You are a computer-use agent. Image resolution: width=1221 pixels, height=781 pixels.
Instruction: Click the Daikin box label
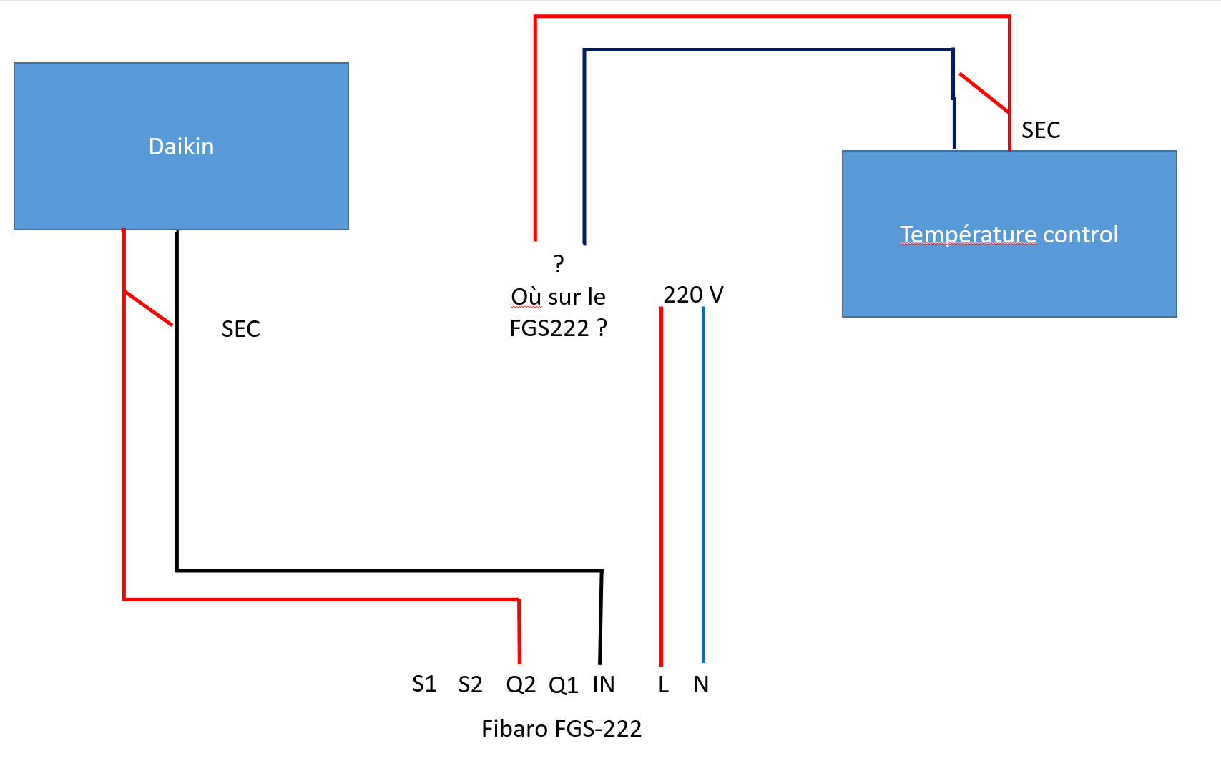(181, 147)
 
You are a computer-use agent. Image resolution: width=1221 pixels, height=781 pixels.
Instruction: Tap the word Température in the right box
(968, 235)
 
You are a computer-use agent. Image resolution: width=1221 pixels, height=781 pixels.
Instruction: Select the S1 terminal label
(424, 684)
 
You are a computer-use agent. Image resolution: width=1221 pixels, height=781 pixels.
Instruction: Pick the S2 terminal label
(470, 685)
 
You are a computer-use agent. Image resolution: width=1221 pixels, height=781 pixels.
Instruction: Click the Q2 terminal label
(521, 685)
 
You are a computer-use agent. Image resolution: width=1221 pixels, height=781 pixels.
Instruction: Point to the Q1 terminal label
(564, 685)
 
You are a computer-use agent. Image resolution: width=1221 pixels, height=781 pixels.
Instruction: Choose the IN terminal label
(604, 684)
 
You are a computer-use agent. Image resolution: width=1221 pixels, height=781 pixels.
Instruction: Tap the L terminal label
(663, 685)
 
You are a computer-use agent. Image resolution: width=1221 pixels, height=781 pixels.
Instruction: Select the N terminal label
(701, 685)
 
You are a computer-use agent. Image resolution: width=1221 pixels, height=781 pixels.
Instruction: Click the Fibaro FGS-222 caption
(562, 729)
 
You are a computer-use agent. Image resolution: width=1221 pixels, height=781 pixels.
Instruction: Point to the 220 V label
(693, 295)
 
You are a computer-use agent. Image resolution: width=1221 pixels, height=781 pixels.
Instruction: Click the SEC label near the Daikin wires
(241, 329)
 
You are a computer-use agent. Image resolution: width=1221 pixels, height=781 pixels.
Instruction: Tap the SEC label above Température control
(1041, 130)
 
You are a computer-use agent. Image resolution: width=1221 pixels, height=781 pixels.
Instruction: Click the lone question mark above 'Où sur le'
(559, 264)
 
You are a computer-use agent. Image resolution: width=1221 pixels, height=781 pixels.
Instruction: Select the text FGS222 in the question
(549, 328)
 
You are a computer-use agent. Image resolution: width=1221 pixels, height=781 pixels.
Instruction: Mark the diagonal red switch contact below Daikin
(149, 308)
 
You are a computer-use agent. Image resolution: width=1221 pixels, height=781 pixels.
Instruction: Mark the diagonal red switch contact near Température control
(984, 93)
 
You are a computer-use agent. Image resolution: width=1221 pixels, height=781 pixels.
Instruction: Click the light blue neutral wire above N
(703, 486)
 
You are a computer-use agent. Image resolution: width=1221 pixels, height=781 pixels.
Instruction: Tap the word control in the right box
(1081, 235)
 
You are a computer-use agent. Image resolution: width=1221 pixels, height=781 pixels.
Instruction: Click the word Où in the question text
(526, 297)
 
